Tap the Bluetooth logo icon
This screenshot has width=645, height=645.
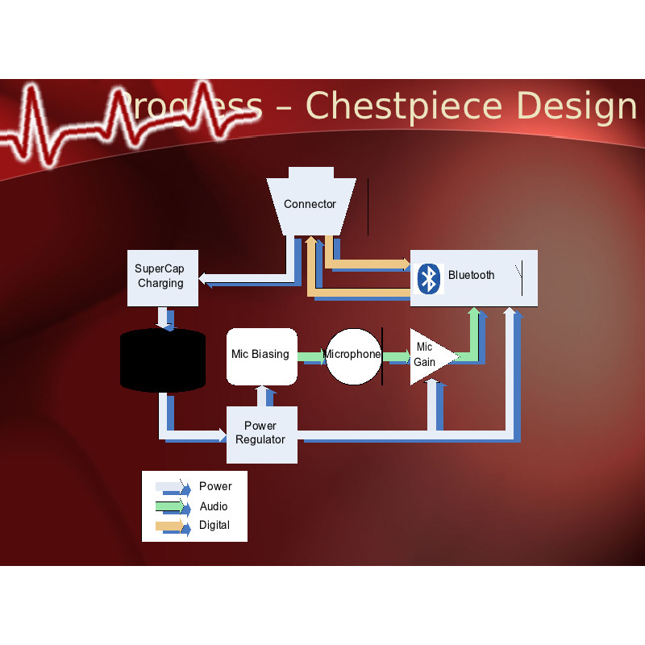(430, 278)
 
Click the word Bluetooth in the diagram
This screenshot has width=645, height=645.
(472, 275)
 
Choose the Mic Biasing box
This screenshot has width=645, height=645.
(260, 355)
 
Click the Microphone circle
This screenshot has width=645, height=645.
(353, 356)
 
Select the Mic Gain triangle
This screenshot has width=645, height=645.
(428, 356)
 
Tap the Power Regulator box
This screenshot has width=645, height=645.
(261, 434)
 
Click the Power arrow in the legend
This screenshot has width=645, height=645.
(172, 487)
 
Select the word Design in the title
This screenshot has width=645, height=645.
(576, 106)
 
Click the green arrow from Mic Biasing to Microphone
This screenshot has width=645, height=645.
(311, 356)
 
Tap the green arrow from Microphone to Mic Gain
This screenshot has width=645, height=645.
(396, 356)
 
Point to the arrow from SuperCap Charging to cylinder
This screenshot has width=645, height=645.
(164, 318)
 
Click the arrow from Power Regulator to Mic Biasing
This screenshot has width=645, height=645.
(263, 396)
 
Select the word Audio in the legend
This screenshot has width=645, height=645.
(214, 506)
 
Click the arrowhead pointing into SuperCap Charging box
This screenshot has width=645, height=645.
(204, 280)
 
